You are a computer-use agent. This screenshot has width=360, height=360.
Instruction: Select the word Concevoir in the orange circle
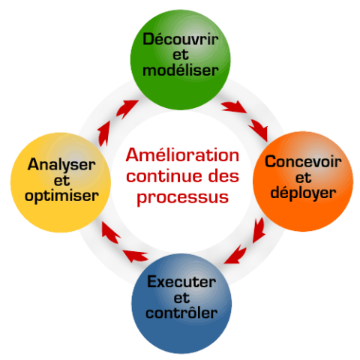point(304,162)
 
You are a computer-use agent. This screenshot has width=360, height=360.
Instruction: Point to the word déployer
point(304,193)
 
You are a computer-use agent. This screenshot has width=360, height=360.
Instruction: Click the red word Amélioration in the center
point(183,155)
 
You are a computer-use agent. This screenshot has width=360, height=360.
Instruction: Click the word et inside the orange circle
point(303,178)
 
